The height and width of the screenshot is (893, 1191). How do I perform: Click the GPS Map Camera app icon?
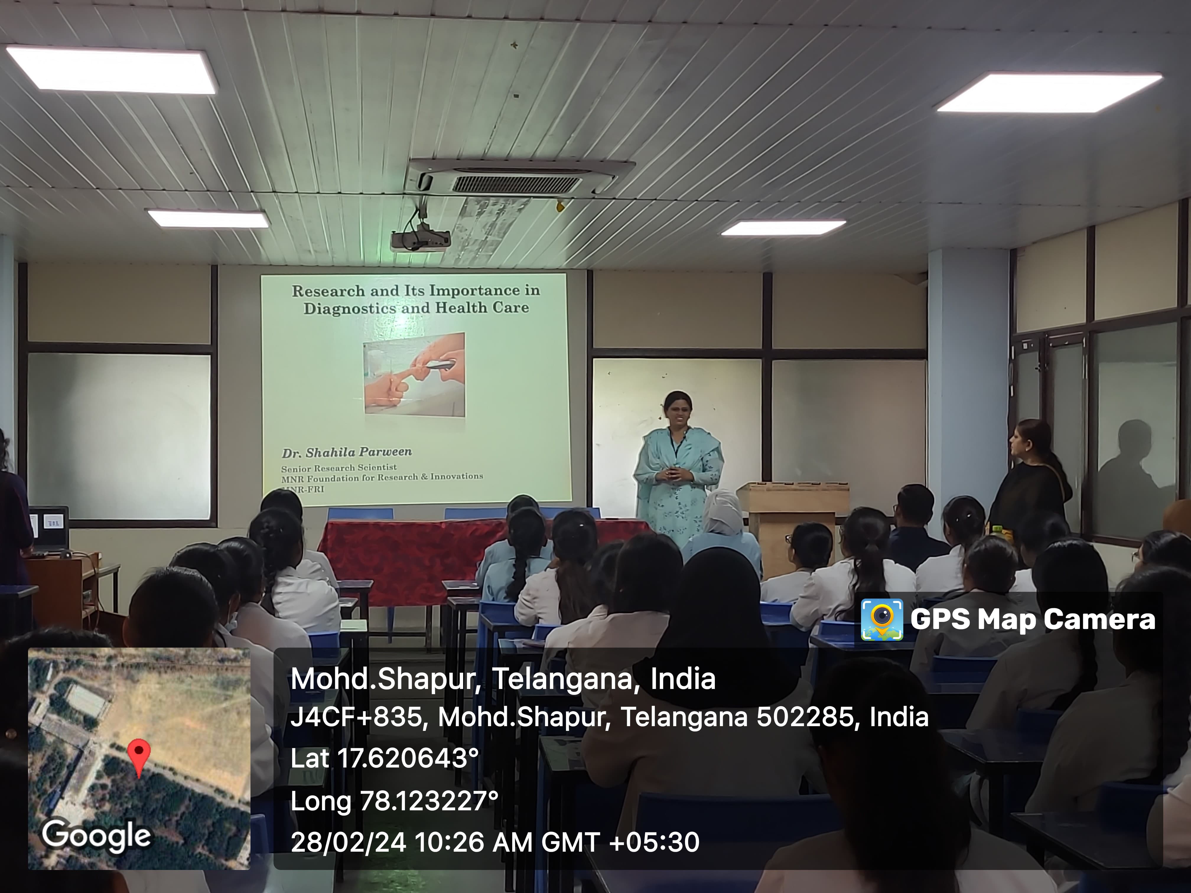tap(881, 620)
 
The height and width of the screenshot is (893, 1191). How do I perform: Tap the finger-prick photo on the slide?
tap(414, 374)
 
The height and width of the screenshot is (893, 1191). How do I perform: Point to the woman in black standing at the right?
tap(1029, 479)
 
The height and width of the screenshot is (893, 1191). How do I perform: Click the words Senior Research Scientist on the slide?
tap(339, 468)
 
